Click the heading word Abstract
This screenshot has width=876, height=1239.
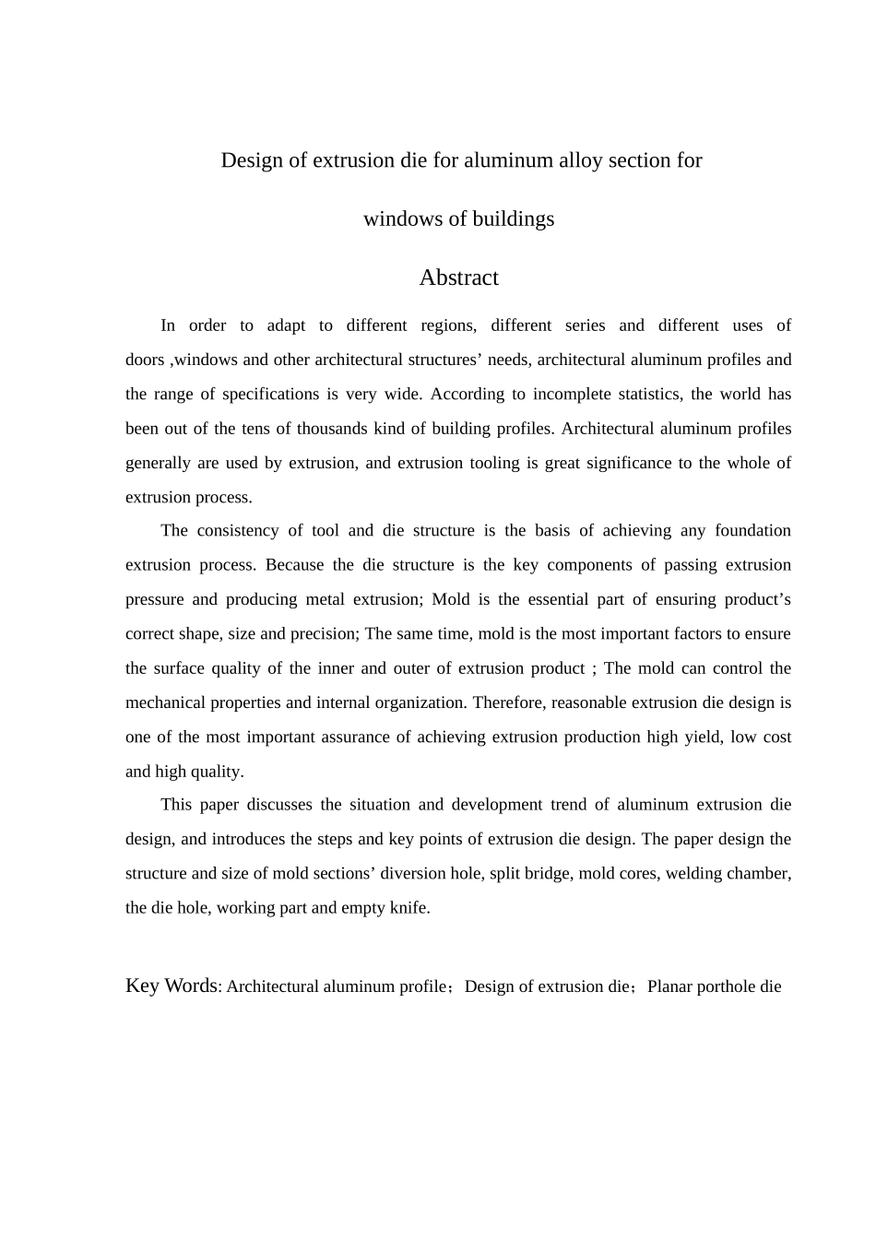point(458,277)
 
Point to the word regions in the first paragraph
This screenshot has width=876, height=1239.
point(448,325)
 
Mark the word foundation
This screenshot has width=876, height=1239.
point(752,531)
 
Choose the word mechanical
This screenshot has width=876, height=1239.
point(166,702)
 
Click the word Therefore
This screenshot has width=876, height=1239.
point(510,702)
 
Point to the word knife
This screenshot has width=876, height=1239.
point(411,908)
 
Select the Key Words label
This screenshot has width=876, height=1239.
point(172,985)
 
